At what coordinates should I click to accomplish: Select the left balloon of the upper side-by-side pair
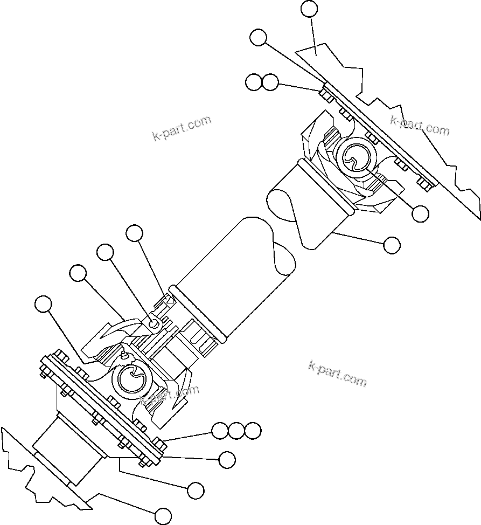click(x=253, y=82)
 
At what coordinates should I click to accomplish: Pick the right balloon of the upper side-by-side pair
click(x=270, y=82)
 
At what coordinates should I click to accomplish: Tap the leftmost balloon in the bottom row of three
click(x=220, y=431)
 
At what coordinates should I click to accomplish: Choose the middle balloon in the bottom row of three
click(x=236, y=431)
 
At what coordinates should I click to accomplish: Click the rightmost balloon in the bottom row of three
click(x=253, y=431)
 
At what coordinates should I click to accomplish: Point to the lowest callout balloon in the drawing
click(x=163, y=515)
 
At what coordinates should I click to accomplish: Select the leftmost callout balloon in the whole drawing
click(x=43, y=305)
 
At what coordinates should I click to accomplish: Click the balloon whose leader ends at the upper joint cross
click(x=420, y=213)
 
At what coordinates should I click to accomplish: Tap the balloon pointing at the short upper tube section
click(x=392, y=245)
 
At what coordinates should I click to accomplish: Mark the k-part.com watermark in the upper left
click(x=182, y=128)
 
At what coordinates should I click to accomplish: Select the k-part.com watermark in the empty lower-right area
click(x=337, y=374)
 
